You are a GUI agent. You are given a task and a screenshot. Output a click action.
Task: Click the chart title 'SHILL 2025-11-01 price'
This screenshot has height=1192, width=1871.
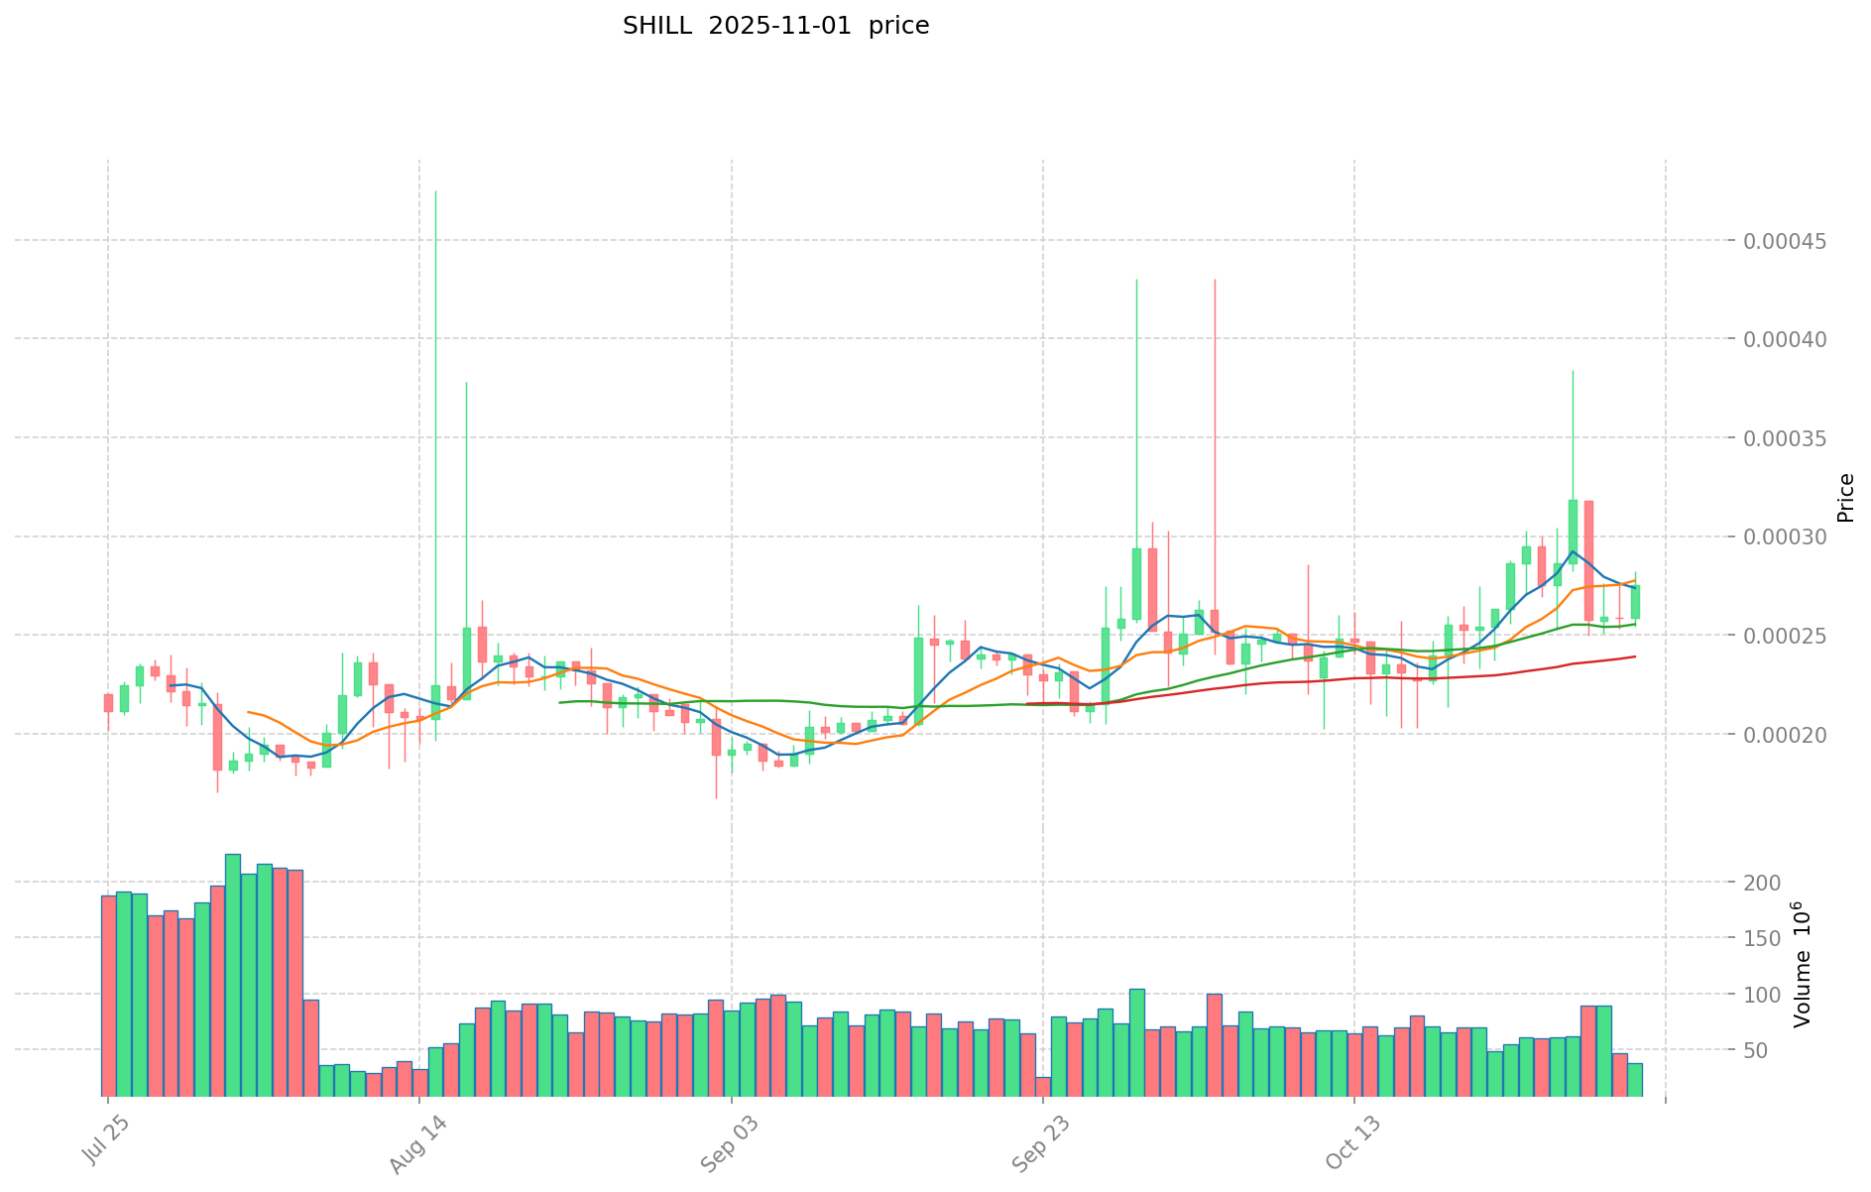pos(775,27)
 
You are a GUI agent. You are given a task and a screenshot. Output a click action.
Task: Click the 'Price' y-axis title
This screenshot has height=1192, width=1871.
pos(1845,498)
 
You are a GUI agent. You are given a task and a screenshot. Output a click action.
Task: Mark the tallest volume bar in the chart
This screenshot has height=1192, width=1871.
pos(233,975)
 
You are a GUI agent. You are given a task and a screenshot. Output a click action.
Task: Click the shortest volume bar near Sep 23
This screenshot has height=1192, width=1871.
pos(1043,1087)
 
